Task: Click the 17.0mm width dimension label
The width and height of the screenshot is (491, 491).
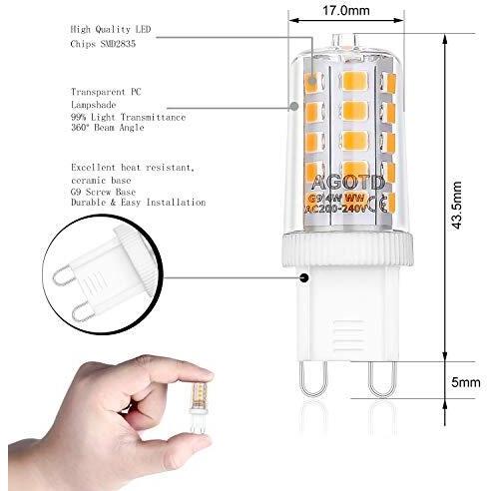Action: pos(346,10)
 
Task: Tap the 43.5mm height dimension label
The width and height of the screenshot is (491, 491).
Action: pos(457,205)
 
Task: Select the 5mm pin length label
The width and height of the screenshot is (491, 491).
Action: pos(466,382)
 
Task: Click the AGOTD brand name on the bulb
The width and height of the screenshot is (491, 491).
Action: pos(348,183)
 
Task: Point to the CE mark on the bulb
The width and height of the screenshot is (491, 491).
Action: pos(379,206)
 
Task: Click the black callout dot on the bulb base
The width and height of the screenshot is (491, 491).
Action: pos(304,277)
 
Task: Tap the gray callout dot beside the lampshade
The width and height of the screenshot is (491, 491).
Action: pos(294,107)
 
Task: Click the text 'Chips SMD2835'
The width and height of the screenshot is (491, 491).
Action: pos(103,44)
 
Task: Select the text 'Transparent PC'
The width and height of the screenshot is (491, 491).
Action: pos(106,92)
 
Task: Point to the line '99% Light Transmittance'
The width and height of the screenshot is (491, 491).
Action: pos(128,117)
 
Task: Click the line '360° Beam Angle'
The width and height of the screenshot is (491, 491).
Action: pos(108,128)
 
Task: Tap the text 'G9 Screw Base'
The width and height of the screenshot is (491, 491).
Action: pos(104,192)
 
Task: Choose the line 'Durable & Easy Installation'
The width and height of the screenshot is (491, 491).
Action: pos(139,203)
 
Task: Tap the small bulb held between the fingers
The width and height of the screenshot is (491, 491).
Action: pos(199,405)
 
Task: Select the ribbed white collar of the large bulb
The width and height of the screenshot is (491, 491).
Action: pos(347,249)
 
